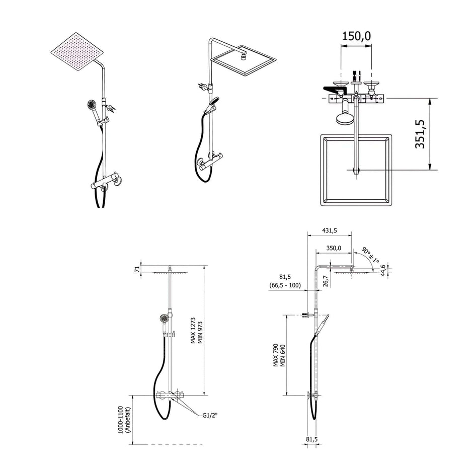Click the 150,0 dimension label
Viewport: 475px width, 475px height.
[x=356, y=36]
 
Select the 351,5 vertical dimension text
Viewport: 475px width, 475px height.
[x=420, y=134]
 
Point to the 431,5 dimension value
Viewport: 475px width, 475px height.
[x=329, y=231]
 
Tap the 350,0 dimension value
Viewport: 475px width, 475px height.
[x=334, y=248]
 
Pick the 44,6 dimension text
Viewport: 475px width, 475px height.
[x=383, y=270]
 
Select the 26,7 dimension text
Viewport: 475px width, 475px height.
[x=325, y=281]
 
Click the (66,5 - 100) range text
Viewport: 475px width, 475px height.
[x=285, y=285]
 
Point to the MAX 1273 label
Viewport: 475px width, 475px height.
[x=193, y=330]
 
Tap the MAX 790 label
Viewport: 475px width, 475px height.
[x=275, y=355]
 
